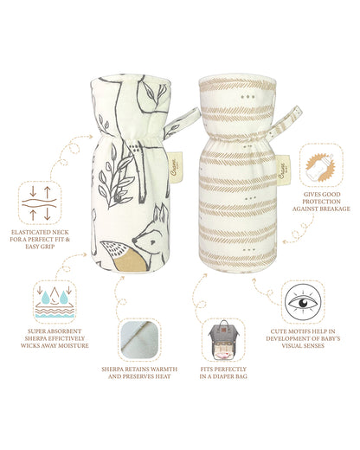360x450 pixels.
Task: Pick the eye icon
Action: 307,302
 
